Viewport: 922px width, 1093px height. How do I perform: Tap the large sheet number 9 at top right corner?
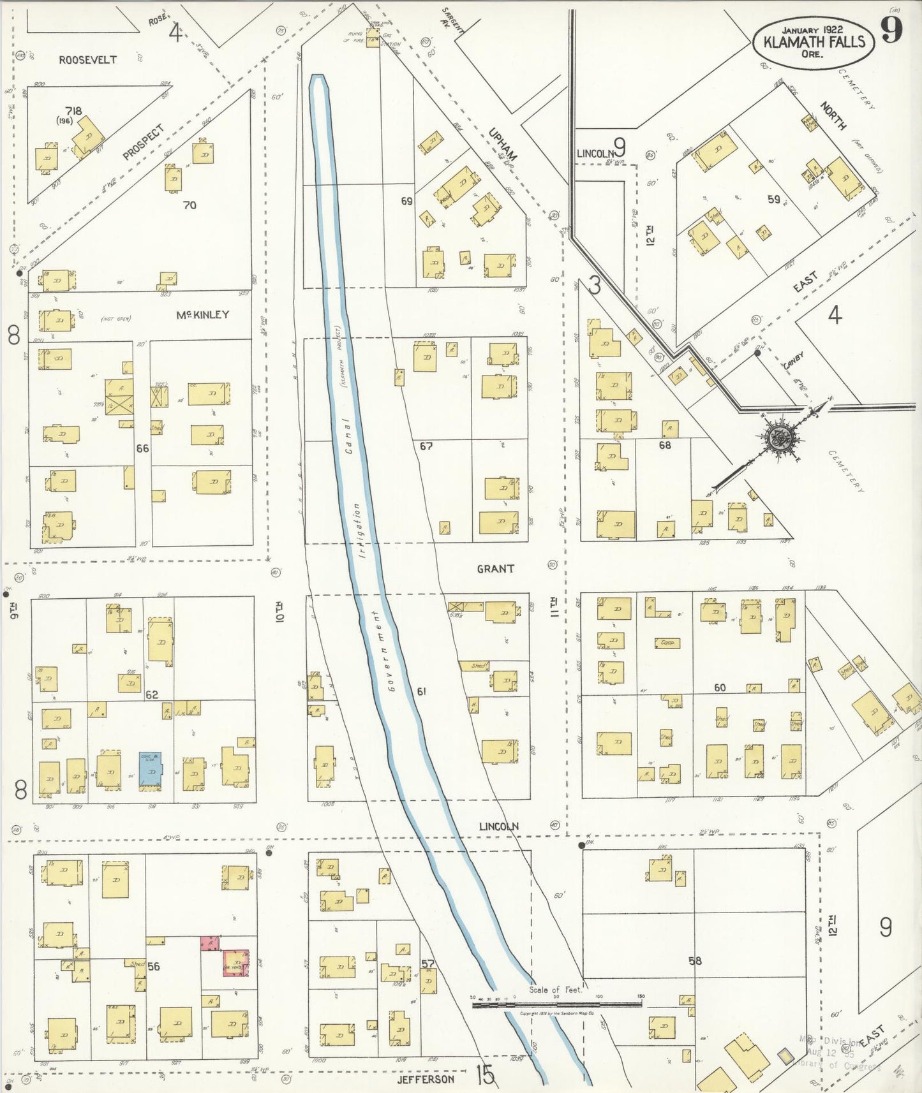pos(892,29)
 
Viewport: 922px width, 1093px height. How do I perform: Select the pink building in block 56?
pos(210,943)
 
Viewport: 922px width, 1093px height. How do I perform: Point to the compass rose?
pos(780,438)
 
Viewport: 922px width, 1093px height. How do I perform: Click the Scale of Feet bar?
pos(556,1004)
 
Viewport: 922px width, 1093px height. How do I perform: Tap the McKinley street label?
pos(202,315)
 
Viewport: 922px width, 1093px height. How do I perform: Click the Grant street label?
pos(495,568)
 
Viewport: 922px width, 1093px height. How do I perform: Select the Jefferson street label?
pos(426,1079)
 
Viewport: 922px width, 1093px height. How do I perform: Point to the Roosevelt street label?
pos(88,60)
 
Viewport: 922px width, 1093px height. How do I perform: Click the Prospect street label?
pos(144,142)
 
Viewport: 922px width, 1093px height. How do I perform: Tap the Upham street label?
pos(502,145)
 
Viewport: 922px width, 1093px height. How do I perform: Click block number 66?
pos(142,448)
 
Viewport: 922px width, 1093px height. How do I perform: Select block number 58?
pos(695,960)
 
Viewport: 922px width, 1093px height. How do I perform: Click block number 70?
pos(190,205)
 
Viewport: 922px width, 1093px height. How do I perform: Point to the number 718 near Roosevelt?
pos(73,111)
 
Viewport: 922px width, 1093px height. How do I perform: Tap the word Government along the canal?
pos(383,650)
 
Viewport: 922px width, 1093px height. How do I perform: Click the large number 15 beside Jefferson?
pos(485,1076)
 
